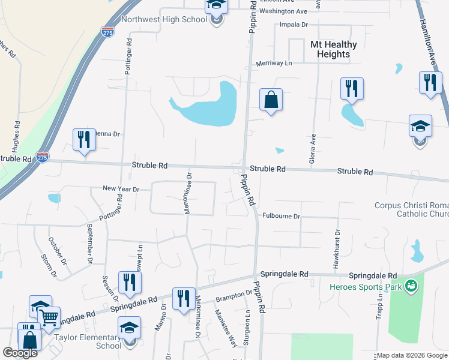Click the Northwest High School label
164,19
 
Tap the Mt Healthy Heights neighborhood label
333,49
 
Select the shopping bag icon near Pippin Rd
271,100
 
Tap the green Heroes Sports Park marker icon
411,286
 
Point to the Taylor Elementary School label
100,341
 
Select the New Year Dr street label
121,189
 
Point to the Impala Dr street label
294,25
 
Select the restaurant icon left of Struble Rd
82,139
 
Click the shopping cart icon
49,316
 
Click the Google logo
20,353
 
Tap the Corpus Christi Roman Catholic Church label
411,209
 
